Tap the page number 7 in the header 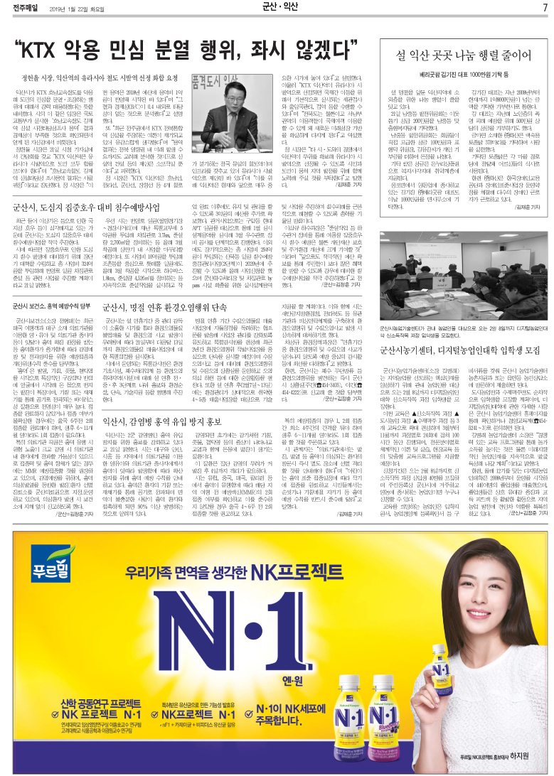coord(544,8)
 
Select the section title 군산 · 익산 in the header coord(281,8)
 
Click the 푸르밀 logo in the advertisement coord(37,531)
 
